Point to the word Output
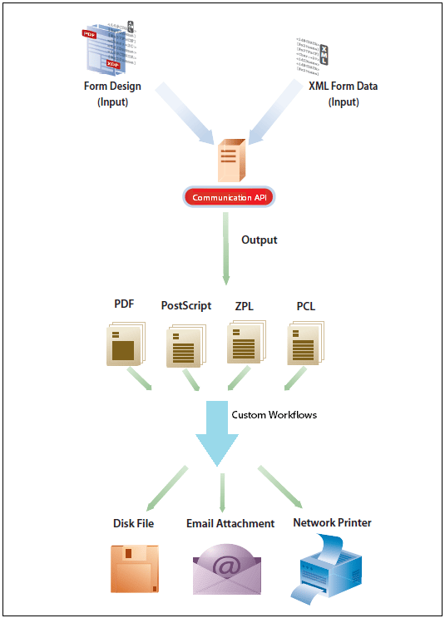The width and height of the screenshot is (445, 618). point(259,240)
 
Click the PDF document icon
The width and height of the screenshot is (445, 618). point(126,344)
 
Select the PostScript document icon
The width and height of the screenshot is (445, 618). point(185,347)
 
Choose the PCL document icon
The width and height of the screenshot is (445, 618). point(305,344)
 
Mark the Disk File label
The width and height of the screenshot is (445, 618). point(134,523)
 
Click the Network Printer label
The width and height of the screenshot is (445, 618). point(332,522)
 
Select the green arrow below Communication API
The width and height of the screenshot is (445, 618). point(225,250)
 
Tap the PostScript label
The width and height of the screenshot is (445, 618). point(186,306)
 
